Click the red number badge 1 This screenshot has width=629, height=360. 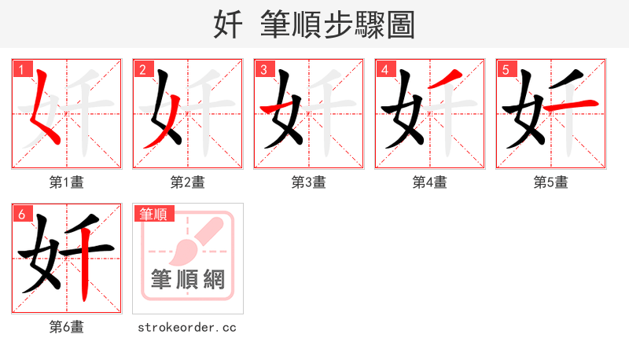click(x=21, y=69)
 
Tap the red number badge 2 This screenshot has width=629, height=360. click(x=142, y=69)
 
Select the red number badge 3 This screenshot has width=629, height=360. click(x=263, y=69)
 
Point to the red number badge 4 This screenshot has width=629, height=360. click(x=384, y=69)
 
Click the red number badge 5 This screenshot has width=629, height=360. click(x=506, y=69)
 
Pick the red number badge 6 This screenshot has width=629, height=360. click(x=21, y=214)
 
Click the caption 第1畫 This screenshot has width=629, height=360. click(x=66, y=182)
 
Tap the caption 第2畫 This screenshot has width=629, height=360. click(x=187, y=182)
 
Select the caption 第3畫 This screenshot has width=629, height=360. click(x=308, y=182)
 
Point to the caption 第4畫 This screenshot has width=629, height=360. click(x=429, y=182)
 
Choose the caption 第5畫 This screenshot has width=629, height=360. click(x=550, y=182)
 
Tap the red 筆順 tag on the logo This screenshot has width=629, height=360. click(x=154, y=214)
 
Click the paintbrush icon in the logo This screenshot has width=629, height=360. click(x=189, y=244)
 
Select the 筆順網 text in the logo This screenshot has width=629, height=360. click(x=188, y=279)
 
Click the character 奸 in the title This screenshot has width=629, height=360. click(x=228, y=25)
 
